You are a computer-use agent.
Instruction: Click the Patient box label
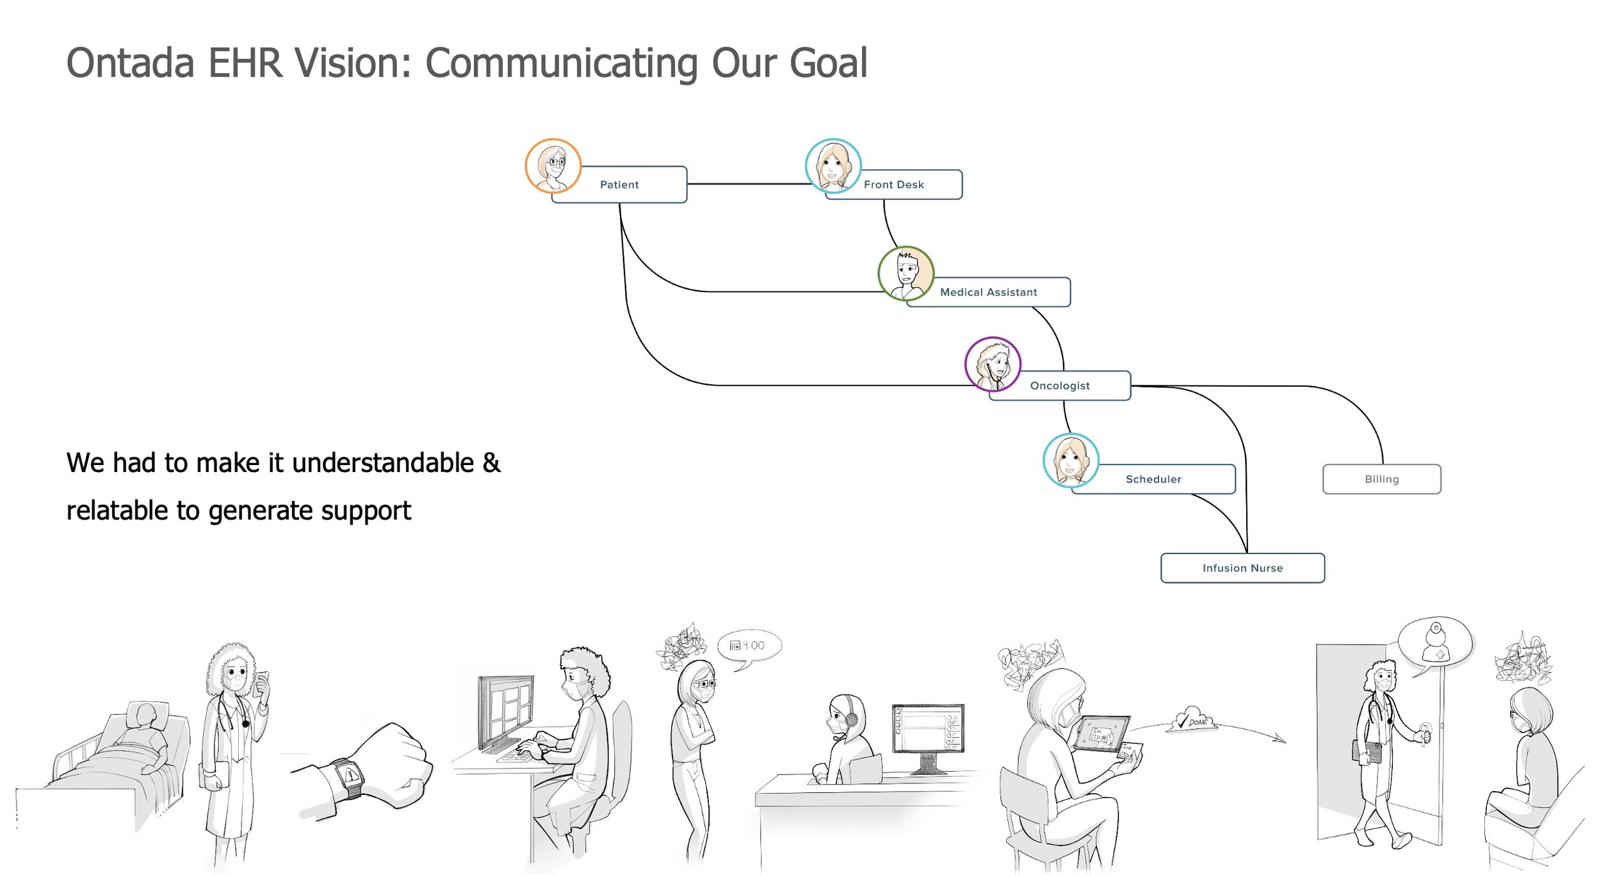619,184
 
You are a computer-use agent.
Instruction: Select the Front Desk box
894,184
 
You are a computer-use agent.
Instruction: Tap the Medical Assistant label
988,292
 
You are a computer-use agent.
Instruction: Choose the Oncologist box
1060,386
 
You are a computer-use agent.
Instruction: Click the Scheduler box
1153,479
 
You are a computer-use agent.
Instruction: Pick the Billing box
1381,479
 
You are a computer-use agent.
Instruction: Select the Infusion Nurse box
1242,568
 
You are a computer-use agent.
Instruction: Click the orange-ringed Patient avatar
553,166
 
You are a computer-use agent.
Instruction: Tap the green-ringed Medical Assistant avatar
906,274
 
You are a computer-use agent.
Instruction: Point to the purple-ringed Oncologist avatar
993,364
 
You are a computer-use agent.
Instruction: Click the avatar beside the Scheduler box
1071,461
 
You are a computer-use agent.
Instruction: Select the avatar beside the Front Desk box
833,166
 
